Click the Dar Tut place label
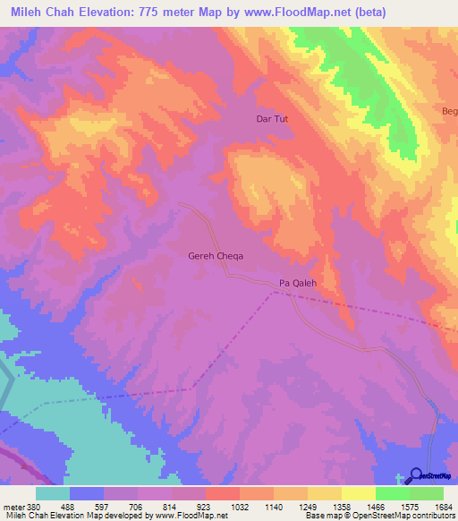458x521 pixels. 273,118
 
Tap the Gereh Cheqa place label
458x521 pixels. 216,255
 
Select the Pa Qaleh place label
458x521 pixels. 299,282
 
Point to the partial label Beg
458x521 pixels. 449,111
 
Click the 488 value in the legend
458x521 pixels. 88,506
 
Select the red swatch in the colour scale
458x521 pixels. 222,493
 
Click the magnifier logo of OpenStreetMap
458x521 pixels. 416,475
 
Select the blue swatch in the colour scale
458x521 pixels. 86,493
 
